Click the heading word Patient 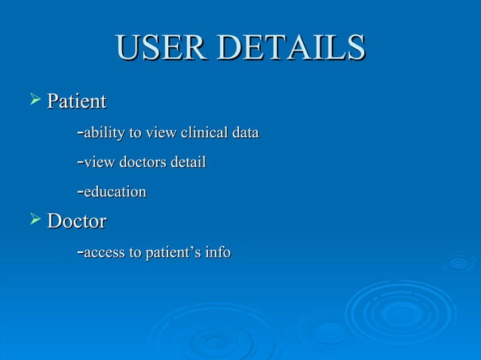pos(76,101)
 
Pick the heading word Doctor pos(76,221)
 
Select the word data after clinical pos(245,134)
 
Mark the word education pos(115,192)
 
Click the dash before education pos(80,193)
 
